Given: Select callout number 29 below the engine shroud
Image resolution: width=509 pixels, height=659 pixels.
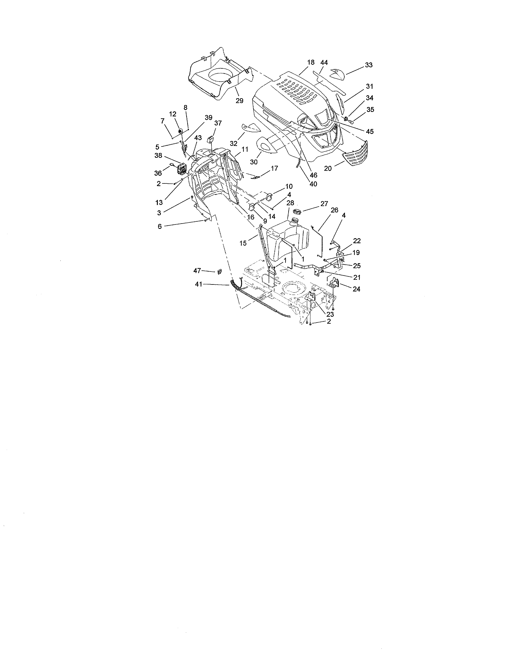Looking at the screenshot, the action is click(239, 100).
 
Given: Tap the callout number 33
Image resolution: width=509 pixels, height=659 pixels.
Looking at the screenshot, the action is click(368, 65).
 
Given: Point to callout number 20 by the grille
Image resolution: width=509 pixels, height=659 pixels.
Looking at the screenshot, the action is click(328, 168).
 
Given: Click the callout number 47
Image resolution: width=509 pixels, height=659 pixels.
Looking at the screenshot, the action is click(197, 271).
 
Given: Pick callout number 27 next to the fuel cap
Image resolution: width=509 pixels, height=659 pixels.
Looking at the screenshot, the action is click(324, 204).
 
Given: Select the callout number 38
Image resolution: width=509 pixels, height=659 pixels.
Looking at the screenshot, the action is click(158, 156).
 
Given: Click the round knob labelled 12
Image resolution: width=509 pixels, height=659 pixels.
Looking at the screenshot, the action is click(181, 131).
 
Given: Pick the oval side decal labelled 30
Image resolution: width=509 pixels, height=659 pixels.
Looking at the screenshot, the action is click(266, 146).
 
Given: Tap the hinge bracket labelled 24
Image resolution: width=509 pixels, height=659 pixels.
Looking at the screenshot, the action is click(334, 283).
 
